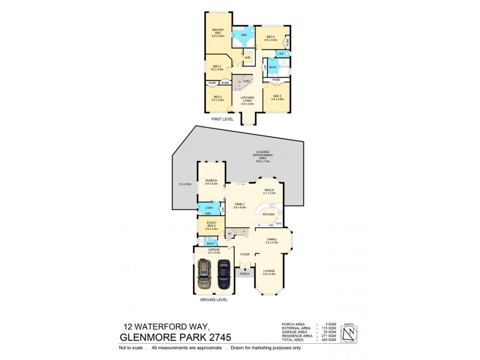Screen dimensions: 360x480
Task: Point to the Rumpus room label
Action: [211, 182]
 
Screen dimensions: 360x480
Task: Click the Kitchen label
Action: [268, 214]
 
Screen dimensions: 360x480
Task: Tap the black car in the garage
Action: [223, 277]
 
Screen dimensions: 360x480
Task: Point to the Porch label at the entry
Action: [244, 274]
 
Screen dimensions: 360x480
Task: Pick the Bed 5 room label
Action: [277, 97]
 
